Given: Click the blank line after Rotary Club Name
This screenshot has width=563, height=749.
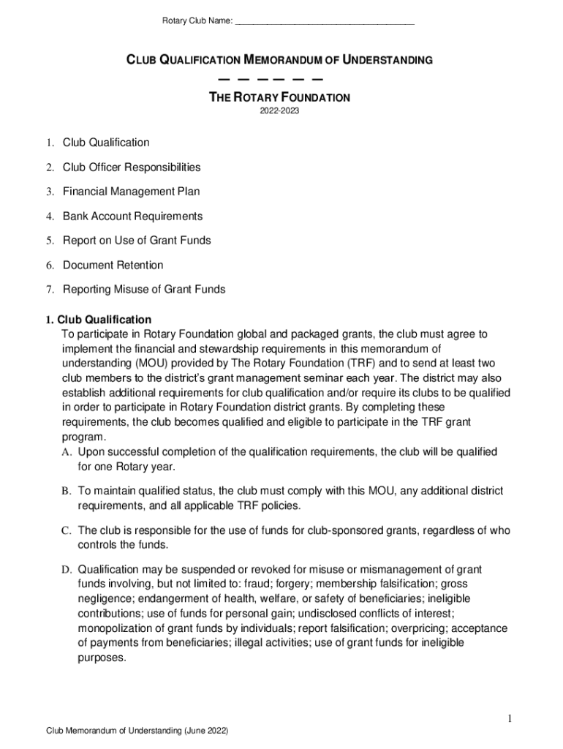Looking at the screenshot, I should tap(325, 21).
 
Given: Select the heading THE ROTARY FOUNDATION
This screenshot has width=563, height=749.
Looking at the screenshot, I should tap(281, 97).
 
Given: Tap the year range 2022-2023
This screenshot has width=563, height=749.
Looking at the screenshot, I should tap(281, 112).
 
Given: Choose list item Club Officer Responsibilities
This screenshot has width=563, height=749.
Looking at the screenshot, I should tap(132, 168).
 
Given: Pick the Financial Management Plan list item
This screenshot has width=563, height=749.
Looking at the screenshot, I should tap(131, 192).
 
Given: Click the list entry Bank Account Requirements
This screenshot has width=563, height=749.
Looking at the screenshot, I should tap(132, 217).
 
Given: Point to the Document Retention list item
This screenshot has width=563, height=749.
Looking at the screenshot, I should tap(113, 265).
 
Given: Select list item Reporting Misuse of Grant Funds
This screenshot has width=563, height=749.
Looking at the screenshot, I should tap(144, 290).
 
